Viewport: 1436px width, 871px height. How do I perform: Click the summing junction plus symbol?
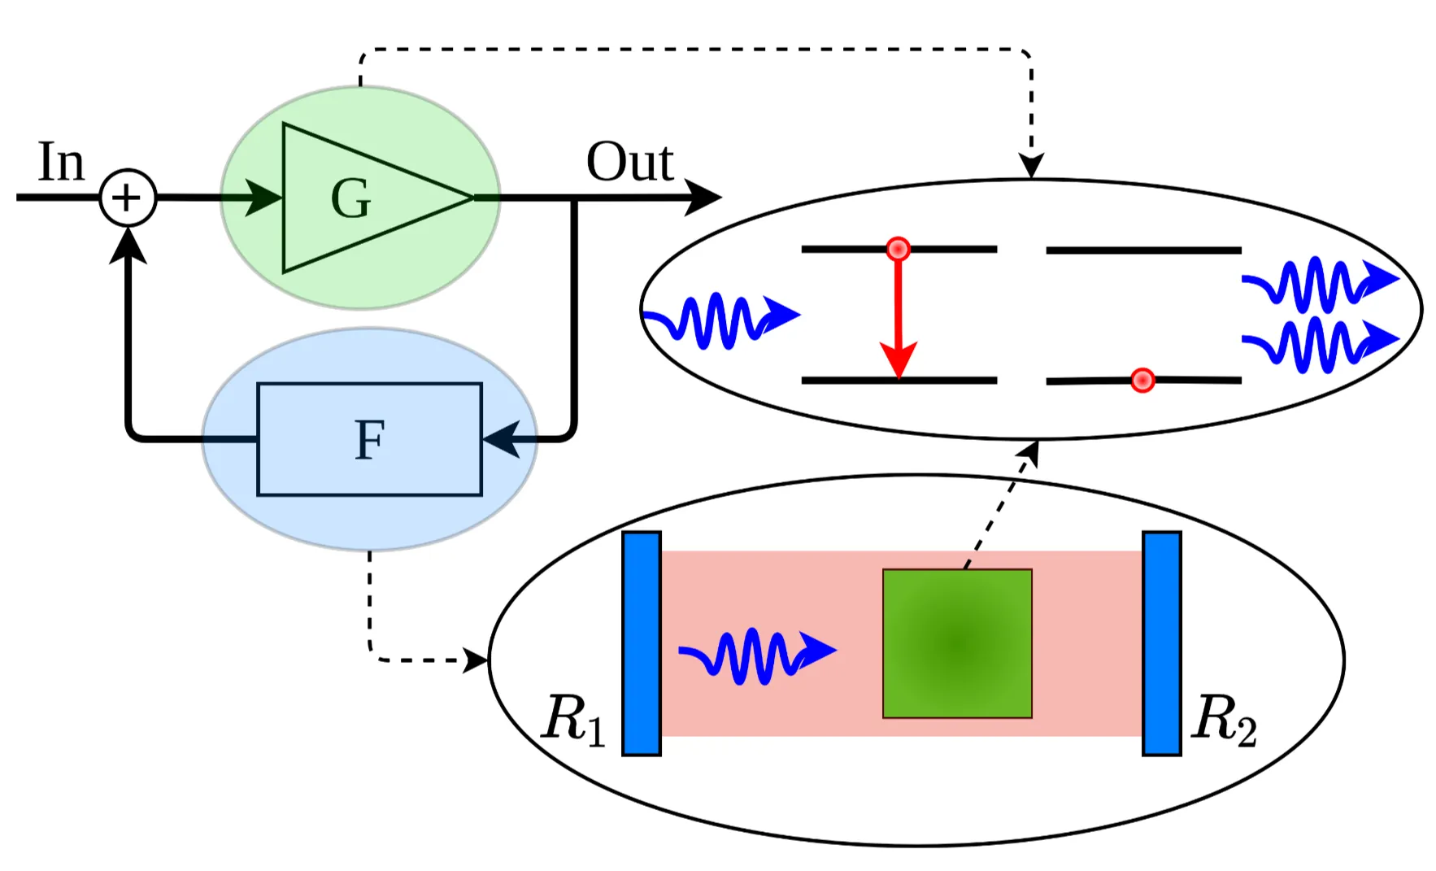pyautogui.click(x=128, y=198)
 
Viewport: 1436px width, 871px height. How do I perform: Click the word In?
pyautogui.click(x=61, y=162)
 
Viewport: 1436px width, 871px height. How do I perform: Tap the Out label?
pyautogui.click(x=629, y=162)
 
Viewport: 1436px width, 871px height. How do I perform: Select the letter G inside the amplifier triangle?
pyautogui.click(x=351, y=198)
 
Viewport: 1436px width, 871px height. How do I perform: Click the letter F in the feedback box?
pyautogui.click(x=369, y=440)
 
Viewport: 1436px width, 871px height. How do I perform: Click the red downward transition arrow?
pyautogui.click(x=898, y=317)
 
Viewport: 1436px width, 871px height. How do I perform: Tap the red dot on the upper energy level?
pyautogui.click(x=898, y=249)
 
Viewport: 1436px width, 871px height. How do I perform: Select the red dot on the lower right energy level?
pyautogui.click(x=1142, y=380)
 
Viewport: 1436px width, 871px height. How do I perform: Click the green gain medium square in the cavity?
pyautogui.click(x=957, y=643)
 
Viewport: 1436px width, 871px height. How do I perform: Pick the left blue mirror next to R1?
pyautogui.click(x=642, y=643)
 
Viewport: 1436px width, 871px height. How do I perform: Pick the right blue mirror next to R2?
pyautogui.click(x=1161, y=643)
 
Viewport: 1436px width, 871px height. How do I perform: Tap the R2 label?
pyautogui.click(x=1224, y=719)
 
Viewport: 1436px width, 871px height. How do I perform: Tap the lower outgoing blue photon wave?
pyautogui.click(x=1317, y=344)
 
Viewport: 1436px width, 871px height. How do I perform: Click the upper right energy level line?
pyautogui.click(x=1142, y=250)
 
